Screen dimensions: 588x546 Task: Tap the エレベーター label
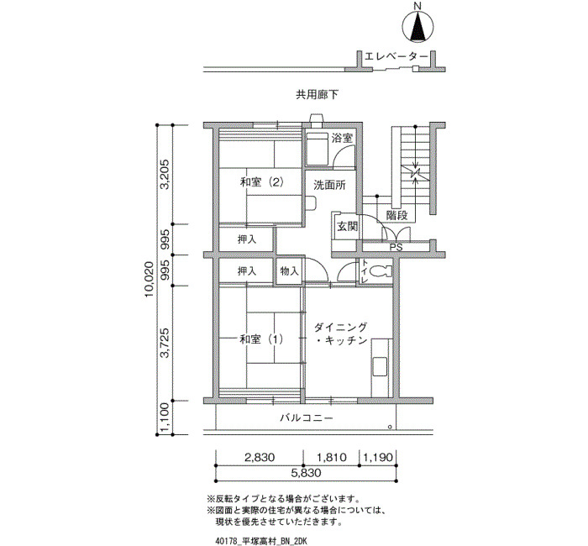(x=396, y=56)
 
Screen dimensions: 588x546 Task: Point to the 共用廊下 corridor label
(x=317, y=94)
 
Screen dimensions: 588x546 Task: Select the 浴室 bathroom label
(x=342, y=138)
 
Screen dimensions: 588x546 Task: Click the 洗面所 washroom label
(x=329, y=186)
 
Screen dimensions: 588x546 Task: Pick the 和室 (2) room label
(x=262, y=182)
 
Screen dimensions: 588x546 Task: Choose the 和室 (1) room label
(x=261, y=339)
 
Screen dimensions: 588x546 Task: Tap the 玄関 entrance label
(x=347, y=227)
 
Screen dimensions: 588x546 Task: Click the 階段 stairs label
(x=396, y=216)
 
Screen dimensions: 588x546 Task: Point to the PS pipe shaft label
(x=396, y=248)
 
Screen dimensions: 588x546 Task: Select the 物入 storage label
(x=289, y=270)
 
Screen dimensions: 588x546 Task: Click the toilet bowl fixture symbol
(x=380, y=270)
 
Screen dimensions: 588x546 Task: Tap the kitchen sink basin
(x=379, y=367)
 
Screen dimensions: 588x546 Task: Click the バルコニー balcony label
(x=307, y=417)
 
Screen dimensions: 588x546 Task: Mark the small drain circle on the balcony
(x=390, y=427)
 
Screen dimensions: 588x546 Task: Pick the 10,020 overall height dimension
(x=150, y=280)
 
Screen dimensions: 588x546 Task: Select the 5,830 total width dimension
(x=306, y=473)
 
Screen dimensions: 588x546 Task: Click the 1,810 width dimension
(x=332, y=458)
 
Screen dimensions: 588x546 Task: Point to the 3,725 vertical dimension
(x=165, y=343)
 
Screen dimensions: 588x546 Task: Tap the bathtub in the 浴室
(x=318, y=150)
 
